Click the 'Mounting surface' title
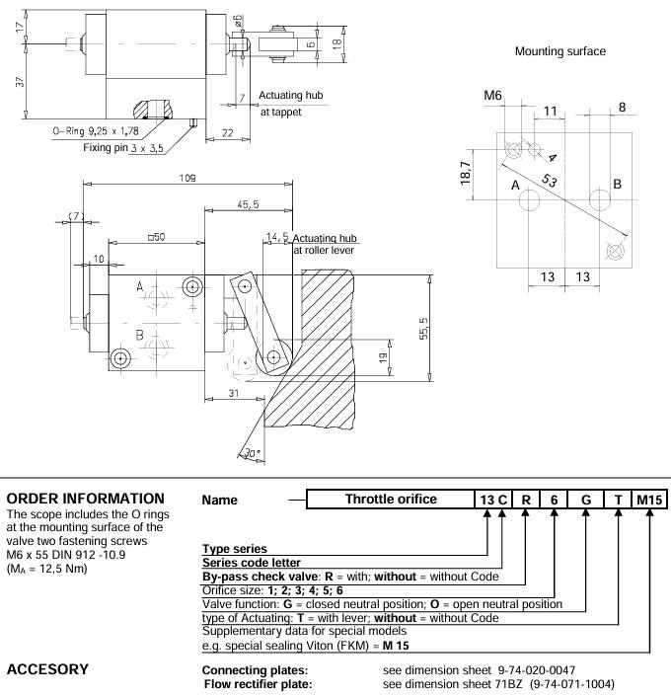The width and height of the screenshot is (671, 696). pos(560,50)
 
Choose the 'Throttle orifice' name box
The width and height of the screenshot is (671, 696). pos(391,500)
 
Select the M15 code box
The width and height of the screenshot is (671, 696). pos(649,500)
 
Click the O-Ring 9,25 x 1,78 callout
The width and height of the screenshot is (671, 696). pos(96,128)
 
